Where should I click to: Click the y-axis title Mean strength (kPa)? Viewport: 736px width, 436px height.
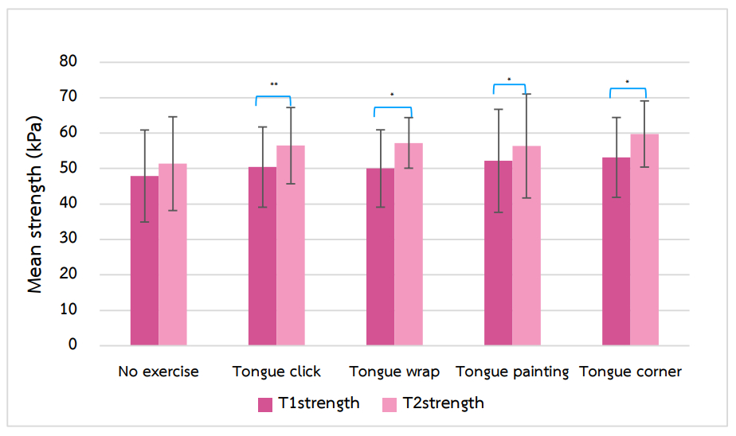click(x=36, y=204)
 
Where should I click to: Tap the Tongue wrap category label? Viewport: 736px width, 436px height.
click(x=394, y=372)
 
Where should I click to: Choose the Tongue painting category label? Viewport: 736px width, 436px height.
click(x=512, y=372)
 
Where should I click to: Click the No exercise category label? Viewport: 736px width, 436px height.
click(x=159, y=372)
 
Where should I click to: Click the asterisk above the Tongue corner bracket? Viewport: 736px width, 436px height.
click(x=627, y=83)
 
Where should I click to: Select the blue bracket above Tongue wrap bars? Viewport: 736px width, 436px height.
click(x=393, y=107)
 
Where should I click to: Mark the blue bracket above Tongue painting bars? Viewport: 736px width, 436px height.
click(x=510, y=85)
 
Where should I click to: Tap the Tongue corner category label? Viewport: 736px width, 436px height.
click(x=630, y=372)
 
